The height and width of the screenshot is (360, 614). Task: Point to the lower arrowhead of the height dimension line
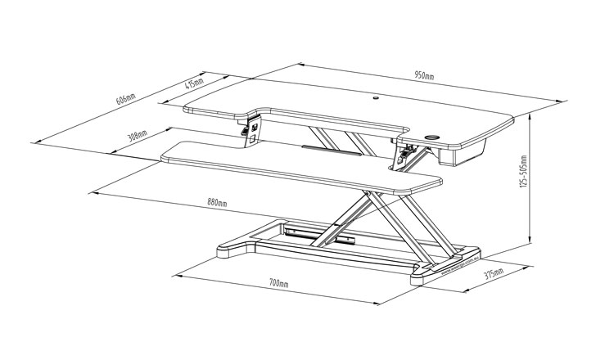532,244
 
